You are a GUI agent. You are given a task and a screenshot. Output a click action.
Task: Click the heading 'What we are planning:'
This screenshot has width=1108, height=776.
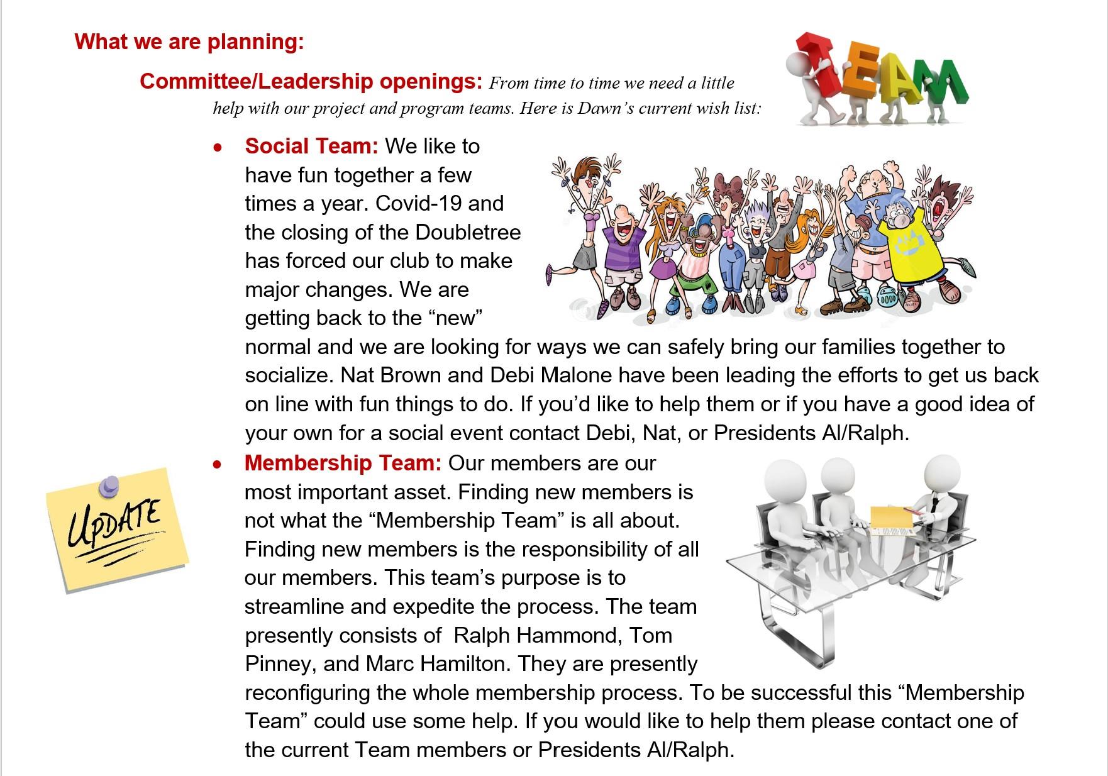tap(189, 42)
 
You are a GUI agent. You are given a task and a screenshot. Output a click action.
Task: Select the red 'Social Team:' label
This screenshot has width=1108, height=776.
tap(311, 146)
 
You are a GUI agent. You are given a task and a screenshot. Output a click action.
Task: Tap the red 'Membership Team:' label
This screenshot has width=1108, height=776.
tap(343, 463)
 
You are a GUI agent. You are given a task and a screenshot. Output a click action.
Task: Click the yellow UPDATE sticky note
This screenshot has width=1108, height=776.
tap(118, 529)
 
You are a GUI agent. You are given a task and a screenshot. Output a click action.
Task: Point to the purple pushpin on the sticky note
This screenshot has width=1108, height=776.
tap(109, 484)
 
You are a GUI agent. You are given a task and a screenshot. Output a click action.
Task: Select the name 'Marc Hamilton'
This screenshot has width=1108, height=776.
tap(435, 664)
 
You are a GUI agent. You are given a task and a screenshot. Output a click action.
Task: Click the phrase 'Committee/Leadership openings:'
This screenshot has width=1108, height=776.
tap(311, 81)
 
